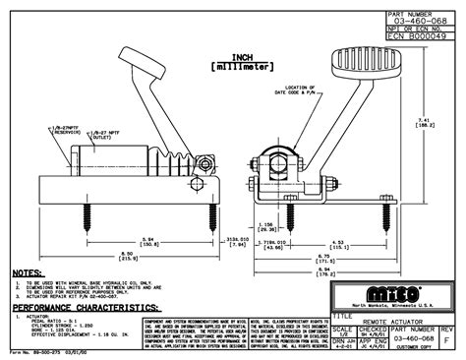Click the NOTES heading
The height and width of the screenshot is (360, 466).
coord(27,272)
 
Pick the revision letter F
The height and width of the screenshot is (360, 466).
coord(451,339)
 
